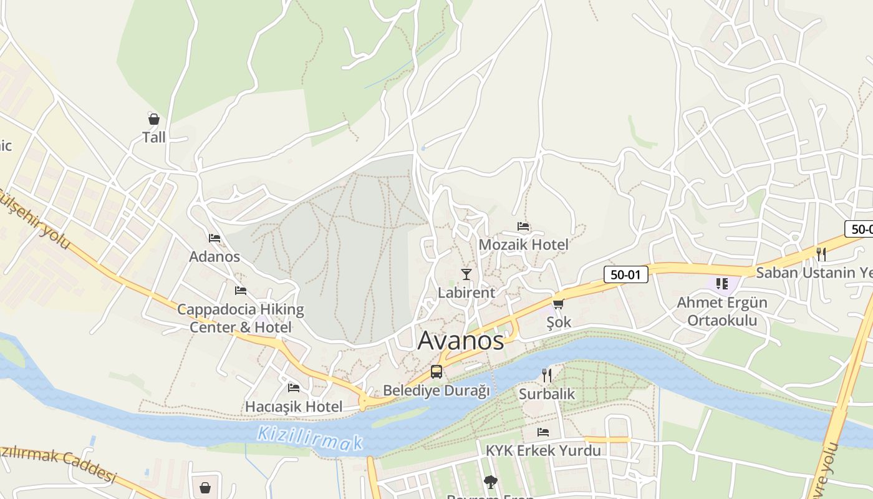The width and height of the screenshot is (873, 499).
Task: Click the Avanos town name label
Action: click(460, 341)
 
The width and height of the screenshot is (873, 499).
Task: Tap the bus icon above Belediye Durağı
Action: click(436, 372)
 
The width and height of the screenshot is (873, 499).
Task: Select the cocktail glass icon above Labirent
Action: click(466, 274)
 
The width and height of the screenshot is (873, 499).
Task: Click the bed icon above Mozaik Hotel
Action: click(523, 226)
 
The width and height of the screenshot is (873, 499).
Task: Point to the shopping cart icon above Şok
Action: click(558, 304)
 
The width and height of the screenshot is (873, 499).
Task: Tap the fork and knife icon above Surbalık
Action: click(547, 375)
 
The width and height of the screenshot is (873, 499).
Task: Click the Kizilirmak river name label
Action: click(310, 438)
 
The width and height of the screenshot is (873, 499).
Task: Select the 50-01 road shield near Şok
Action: click(625, 274)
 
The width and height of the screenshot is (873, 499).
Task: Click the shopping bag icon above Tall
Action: click(153, 119)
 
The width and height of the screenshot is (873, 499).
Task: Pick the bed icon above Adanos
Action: click(215, 238)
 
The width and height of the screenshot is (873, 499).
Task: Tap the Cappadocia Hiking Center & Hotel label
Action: click(241, 318)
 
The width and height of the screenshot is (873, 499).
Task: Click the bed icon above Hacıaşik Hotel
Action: click(294, 388)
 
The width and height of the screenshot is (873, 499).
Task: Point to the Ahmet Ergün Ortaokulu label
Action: click(722, 311)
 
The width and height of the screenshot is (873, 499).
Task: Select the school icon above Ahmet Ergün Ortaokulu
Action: click(722, 284)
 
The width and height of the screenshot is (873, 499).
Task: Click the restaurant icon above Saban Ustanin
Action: click(821, 254)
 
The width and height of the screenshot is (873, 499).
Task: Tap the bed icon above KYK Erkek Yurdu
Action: click(543, 432)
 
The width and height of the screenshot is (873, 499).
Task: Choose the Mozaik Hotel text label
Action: click(523, 245)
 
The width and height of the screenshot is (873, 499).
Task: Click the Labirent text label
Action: click(466, 292)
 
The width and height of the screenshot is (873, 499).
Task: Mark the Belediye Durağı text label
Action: click(436, 390)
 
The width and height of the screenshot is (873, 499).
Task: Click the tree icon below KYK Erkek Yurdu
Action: click(491, 482)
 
